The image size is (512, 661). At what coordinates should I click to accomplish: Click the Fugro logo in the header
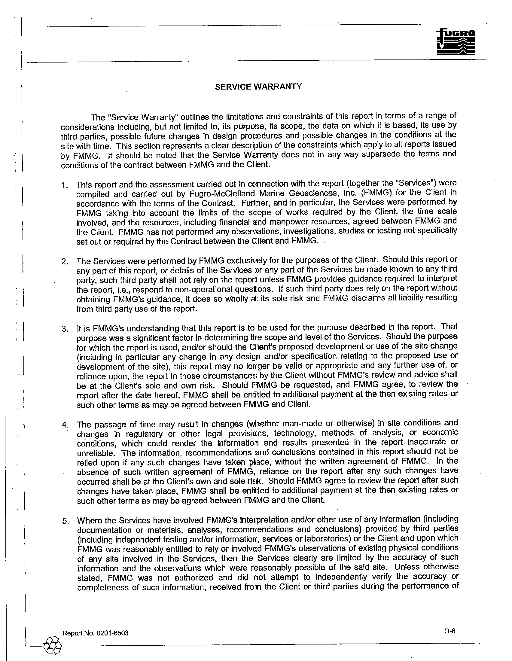[x=456, y=42]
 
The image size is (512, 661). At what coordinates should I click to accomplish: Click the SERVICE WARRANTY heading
[x=258, y=87]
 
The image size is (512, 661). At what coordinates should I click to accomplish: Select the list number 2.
[x=64, y=261]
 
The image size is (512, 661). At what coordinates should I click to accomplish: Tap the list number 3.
[x=65, y=329]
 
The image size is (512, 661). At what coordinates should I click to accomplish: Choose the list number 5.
[x=65, y=521]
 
